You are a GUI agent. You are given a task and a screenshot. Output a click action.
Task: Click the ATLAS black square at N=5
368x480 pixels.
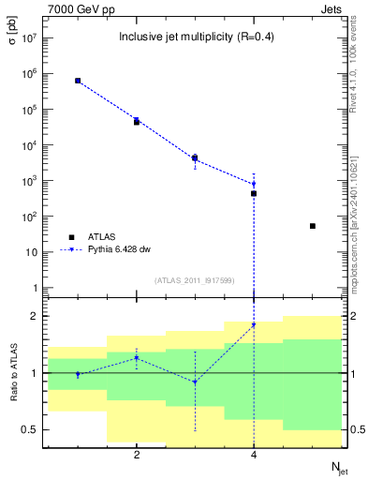[313, 226]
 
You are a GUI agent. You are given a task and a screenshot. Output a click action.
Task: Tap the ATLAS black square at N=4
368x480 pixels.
[254, 194]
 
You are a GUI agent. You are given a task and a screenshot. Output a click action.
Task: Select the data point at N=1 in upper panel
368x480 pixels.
[78, 81]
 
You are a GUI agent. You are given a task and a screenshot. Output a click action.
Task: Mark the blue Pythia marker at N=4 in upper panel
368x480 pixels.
[254, 184]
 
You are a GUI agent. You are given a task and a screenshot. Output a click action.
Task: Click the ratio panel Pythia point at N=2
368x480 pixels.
[137, 357]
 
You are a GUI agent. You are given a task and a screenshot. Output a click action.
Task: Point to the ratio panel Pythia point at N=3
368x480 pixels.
[195, 382]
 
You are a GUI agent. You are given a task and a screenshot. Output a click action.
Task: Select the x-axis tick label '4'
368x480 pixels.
[254, 455]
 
